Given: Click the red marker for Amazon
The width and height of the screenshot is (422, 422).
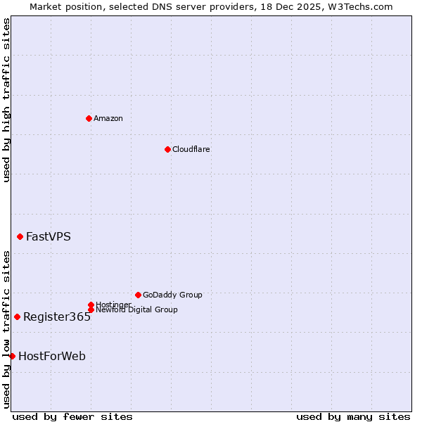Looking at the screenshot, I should (89, 118).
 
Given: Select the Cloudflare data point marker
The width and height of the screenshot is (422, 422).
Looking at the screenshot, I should (167, 149).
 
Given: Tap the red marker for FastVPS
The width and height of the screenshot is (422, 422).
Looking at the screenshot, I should (20, 236).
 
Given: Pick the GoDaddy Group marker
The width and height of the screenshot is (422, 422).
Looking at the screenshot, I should (138, 295).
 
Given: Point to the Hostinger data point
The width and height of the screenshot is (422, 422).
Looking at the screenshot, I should (91, 305).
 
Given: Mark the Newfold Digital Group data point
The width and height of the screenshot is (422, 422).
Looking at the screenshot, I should (91, 309).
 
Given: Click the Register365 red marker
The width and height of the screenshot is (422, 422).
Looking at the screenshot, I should (17, 316).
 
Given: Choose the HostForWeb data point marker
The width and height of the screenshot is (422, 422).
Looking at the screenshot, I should (12, 356).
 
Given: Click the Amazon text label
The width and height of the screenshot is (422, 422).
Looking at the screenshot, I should (108, 118).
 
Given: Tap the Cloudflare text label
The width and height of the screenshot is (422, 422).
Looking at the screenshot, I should (191, 149).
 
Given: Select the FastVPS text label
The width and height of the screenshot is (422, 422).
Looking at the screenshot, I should (49, 236).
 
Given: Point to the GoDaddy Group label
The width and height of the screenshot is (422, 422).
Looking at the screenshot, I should (172, 295).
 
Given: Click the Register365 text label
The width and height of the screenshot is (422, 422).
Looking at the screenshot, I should (57, 316).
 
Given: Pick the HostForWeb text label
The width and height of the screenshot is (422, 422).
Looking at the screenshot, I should (52, 356).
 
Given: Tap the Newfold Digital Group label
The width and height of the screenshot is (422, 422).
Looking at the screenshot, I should (137, 309).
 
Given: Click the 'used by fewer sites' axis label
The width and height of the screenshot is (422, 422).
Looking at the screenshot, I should (72, 416).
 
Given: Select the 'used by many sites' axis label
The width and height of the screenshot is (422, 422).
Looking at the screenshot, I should (353, 416).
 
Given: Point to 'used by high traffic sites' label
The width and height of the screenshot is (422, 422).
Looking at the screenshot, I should (7, 100).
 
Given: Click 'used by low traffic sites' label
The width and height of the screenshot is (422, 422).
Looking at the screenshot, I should (7, 329).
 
